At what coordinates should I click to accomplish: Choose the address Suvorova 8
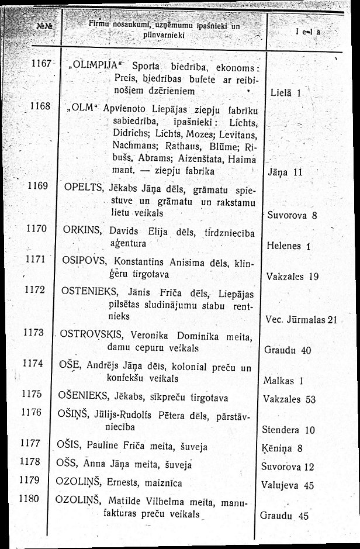292,215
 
